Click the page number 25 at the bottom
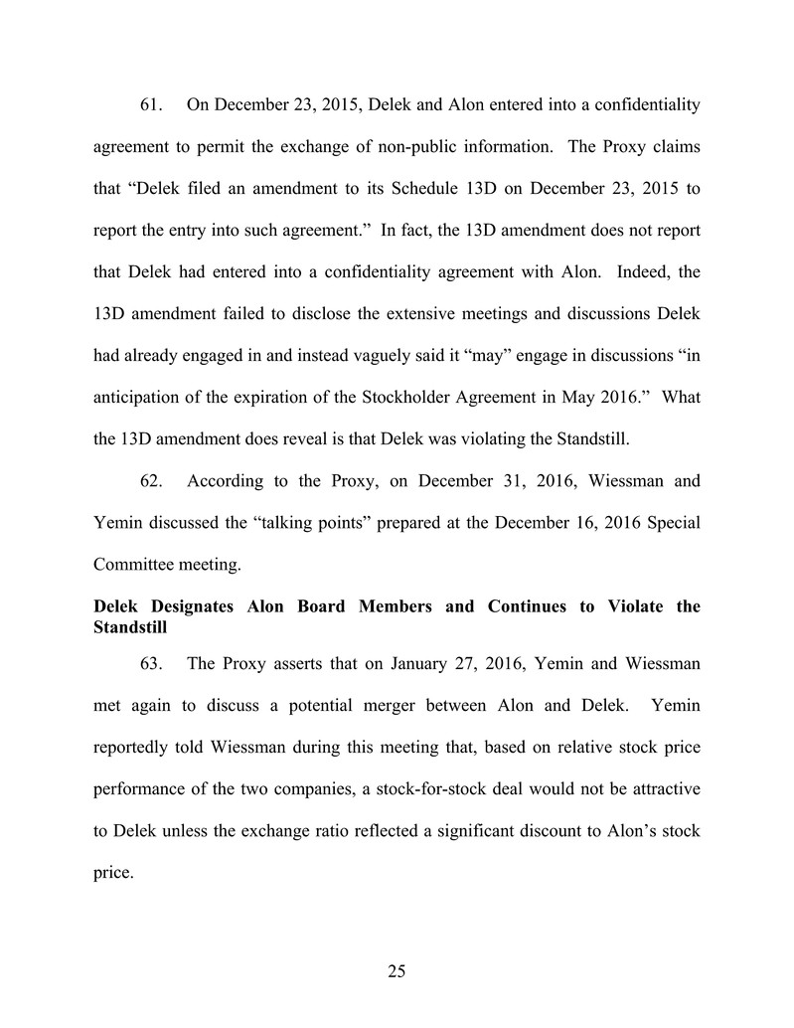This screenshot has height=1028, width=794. pos(397,972)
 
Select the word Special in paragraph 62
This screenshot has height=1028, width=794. pos(670,523)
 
